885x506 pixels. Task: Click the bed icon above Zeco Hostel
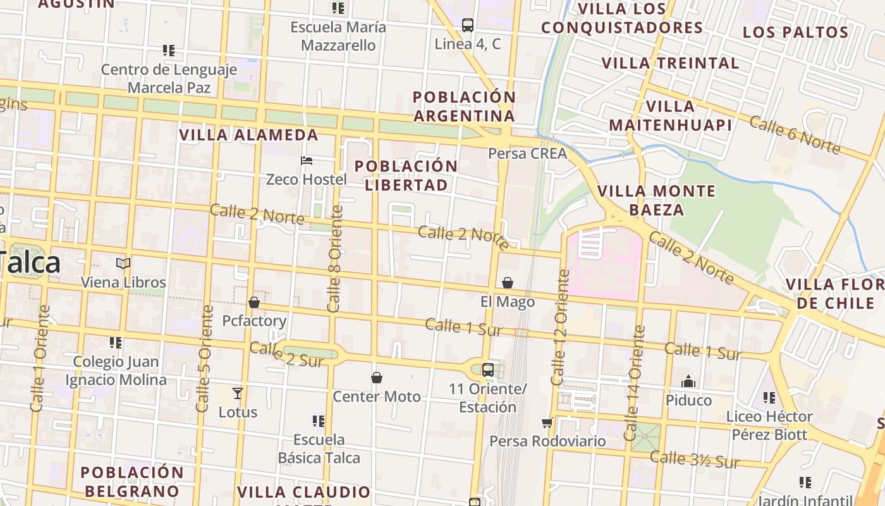(x=307, y=161)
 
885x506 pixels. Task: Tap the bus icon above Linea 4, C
(x=468, y=25)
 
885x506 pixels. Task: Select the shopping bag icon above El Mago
(x=508, y=283)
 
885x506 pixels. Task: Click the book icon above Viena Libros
(x=123, y=263)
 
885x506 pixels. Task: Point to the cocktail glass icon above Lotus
(x=238, y=393)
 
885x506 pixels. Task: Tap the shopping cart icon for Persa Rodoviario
(x=547, y=423)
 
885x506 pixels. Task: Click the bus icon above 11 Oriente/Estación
(x=488, y=369)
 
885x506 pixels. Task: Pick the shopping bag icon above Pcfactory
(x=254, y=302)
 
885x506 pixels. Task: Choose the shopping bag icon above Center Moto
(x=377, y=378)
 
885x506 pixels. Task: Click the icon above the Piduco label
(x=688, y=381)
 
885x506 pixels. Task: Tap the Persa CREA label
(x=528, y=154)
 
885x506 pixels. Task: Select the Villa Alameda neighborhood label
(x=249, y=135)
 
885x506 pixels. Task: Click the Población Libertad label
(x=406, y=175)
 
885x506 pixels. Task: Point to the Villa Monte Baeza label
(x=657, y=200)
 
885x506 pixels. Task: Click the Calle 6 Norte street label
(x=795, y=135)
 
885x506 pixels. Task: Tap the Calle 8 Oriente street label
(x=334, y=258)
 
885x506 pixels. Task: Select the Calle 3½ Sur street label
(x=695, y=460)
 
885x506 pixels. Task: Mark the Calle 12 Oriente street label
(x=560, y=328)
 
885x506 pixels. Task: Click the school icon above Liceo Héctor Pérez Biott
(x=769, y=398)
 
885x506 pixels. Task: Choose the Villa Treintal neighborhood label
(x=670, y=63)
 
